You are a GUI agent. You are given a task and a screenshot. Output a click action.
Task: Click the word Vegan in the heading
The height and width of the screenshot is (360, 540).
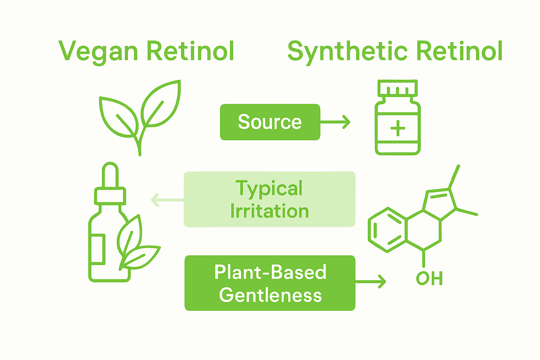98,51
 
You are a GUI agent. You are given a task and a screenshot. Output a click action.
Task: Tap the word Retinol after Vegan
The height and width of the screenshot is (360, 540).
190,51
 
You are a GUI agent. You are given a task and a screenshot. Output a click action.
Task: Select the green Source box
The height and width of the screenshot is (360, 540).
270,122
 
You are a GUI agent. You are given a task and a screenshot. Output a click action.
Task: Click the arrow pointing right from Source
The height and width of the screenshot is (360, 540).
336,122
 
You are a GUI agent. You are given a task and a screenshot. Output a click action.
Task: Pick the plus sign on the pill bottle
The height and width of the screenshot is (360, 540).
398,128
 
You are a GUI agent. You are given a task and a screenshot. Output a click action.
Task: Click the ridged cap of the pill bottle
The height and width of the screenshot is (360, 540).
398,88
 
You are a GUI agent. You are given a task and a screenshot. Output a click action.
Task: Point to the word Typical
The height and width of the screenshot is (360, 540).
269,188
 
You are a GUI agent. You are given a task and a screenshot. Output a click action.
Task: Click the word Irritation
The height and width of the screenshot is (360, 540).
270,211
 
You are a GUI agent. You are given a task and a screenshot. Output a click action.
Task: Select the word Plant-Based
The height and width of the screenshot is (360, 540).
270,272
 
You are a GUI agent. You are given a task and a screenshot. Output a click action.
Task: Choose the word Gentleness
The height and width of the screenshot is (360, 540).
270,295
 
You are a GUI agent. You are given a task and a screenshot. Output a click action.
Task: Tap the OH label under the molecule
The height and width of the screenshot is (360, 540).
429,278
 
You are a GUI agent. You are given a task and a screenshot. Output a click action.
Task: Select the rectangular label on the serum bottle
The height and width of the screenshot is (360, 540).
97,249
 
